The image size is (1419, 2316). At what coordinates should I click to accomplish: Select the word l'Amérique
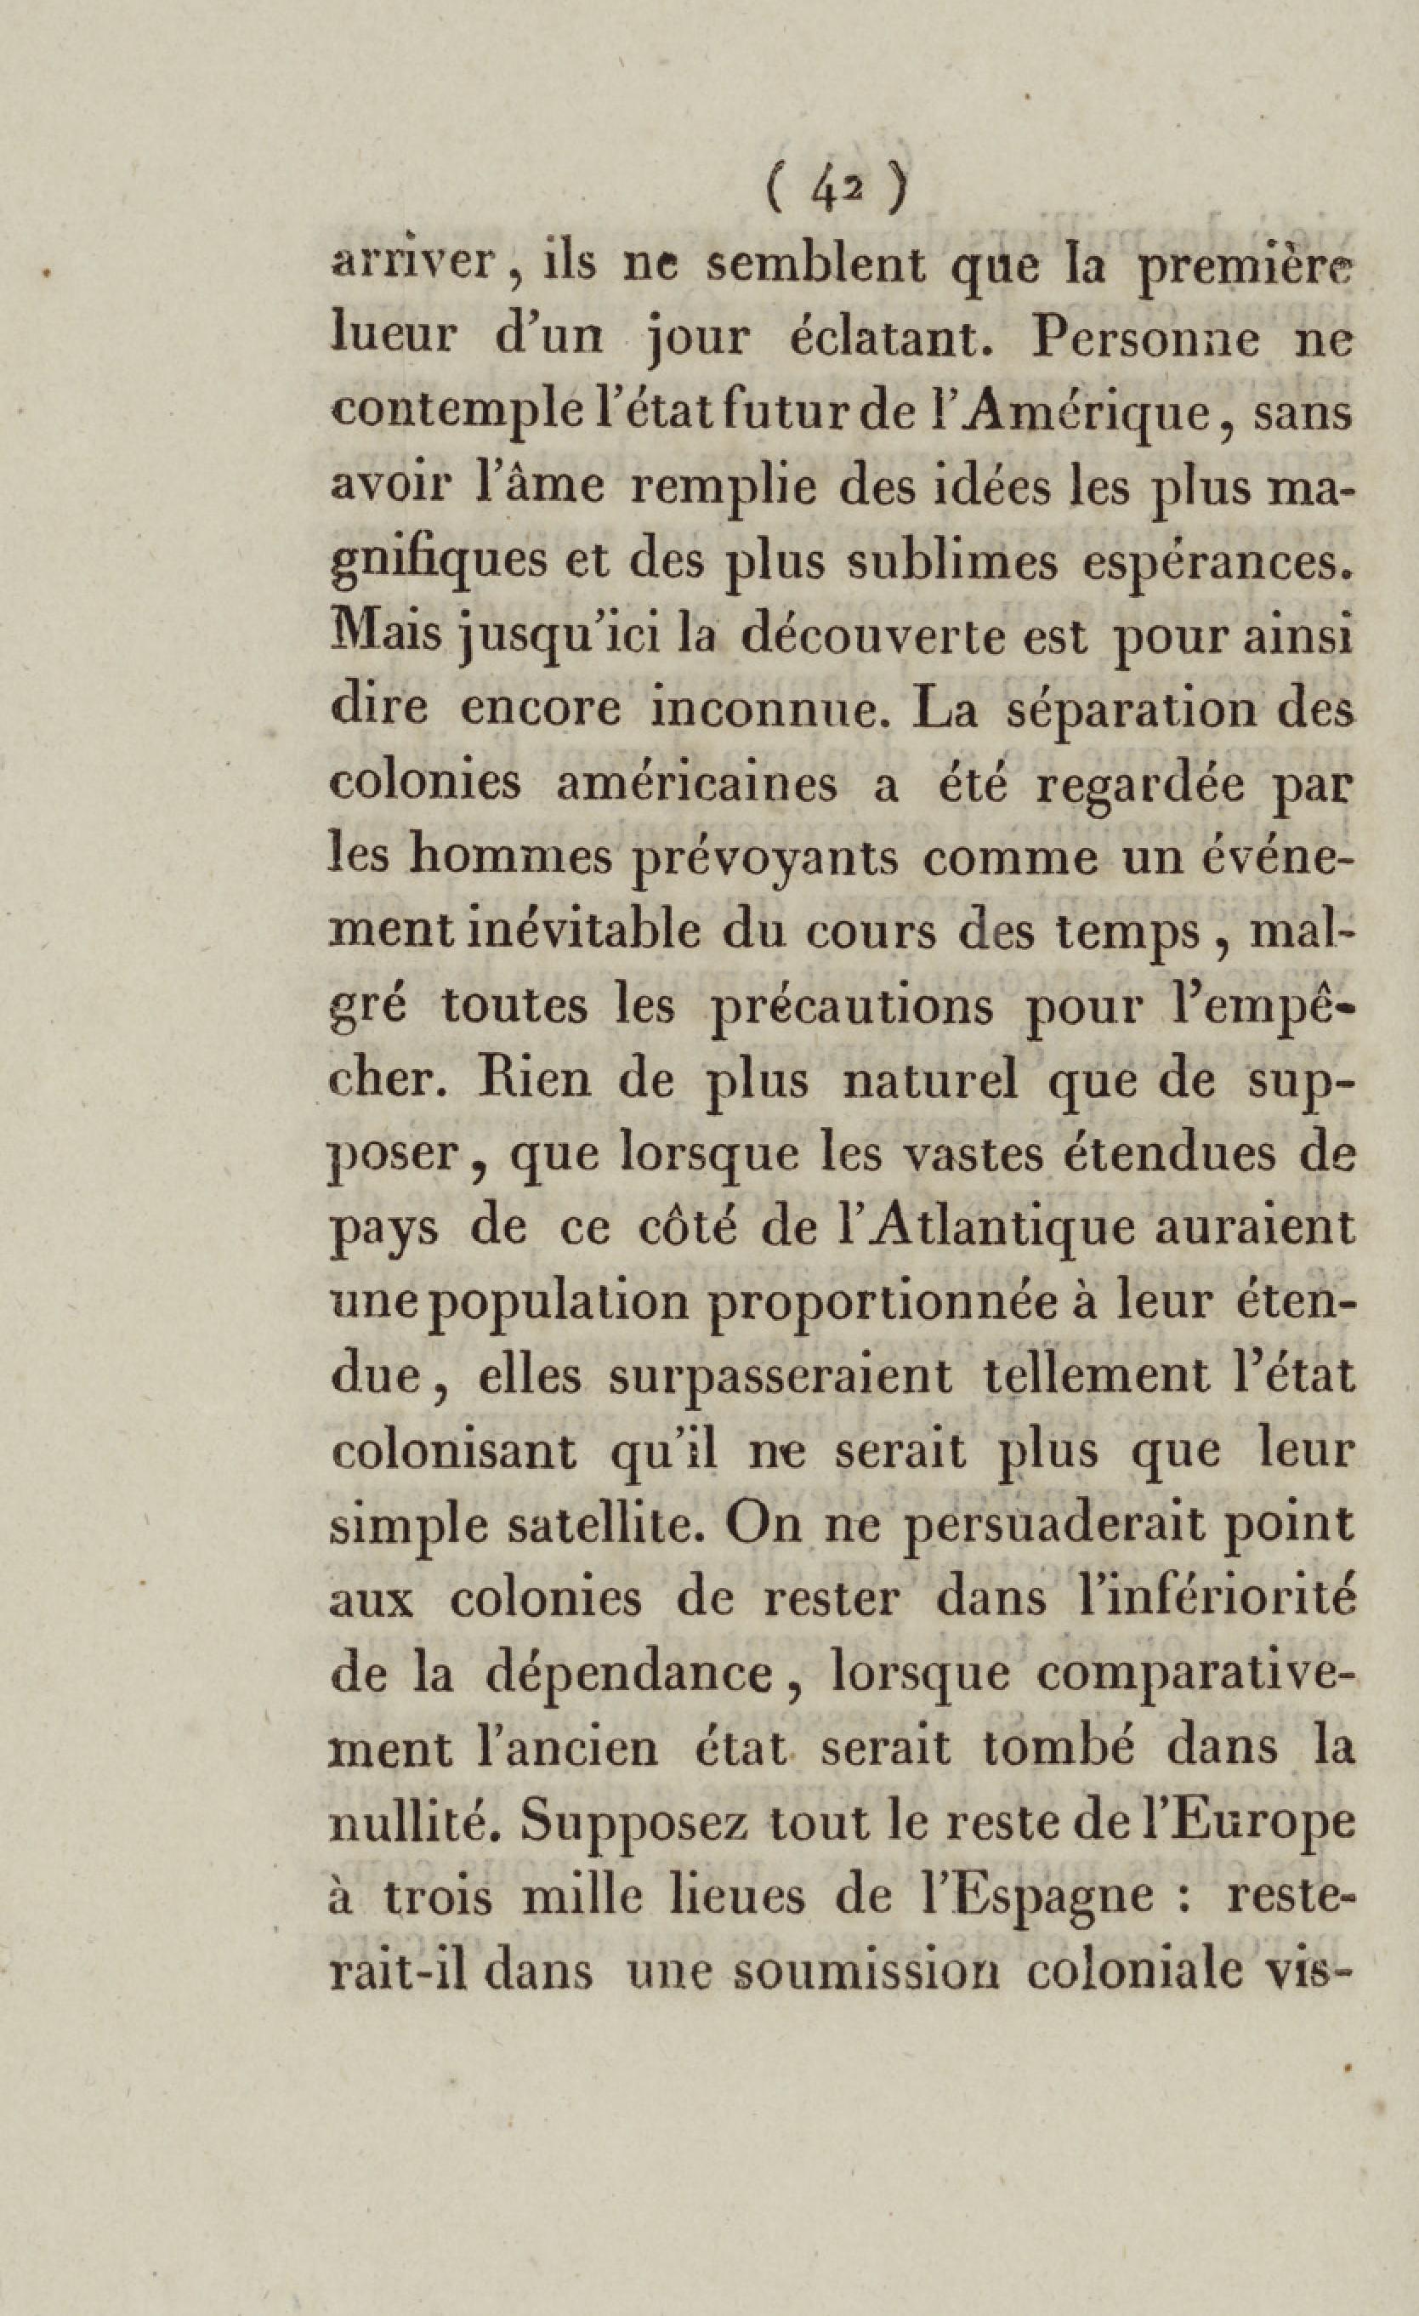[x=1071, y=414]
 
